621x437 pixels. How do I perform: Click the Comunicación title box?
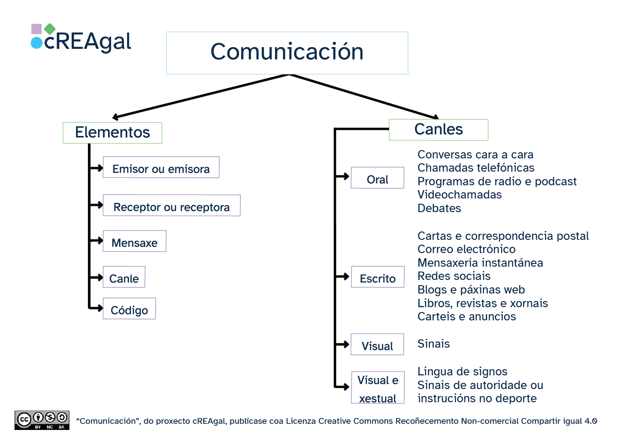pyautogui.click(x=287, y=53)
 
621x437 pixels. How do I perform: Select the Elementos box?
pyautogui.click(x=113, y=132)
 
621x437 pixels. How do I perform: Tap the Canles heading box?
pyautogui.click(x=438, y=130)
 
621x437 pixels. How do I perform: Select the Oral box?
pyautogui.click(x=377, y=178)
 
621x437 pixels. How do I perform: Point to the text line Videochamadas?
pyautogui.click(x=459, y=195)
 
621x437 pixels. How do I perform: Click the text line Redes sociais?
pyautogui.click(x=454, y=276)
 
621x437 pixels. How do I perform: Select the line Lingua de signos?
pyautogui.click(x=462, y=372)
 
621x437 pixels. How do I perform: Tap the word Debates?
pyautogui.click(x=439, y=209)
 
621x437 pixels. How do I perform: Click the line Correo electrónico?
pyautogui.click(x=466, y=250)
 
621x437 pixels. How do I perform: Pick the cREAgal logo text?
pyautogui.click(x=87, y=42)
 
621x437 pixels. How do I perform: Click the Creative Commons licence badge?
pyautogui.click(x=42, y=420)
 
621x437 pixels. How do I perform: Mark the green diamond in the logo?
pyautogui.click(x=50, y=29)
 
